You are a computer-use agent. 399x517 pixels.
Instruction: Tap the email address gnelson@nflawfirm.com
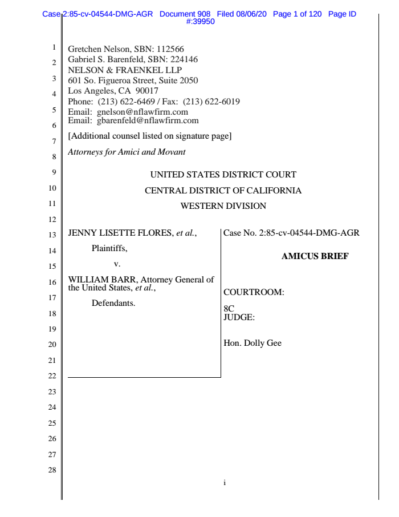point(142,112)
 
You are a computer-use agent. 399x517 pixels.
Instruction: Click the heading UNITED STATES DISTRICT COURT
point(223,175)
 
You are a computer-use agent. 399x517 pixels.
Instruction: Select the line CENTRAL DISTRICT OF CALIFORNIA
point(223,191)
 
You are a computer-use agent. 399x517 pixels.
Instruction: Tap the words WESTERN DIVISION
point(223,206)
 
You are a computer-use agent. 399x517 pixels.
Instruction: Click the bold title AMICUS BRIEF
point(315,256)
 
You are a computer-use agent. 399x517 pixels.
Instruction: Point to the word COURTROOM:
point(254,293)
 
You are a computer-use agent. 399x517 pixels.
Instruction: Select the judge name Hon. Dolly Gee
point(253,344)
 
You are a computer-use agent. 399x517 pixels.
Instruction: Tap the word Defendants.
point(113,303)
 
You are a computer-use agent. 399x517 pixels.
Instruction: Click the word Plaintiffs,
point(109,248)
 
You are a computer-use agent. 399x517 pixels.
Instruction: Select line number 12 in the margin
point(51,219)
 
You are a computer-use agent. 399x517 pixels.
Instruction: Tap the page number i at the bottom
point(225,483)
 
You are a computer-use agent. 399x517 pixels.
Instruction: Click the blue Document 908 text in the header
point(185,14)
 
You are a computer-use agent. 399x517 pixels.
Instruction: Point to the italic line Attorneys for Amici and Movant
point(127,152)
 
